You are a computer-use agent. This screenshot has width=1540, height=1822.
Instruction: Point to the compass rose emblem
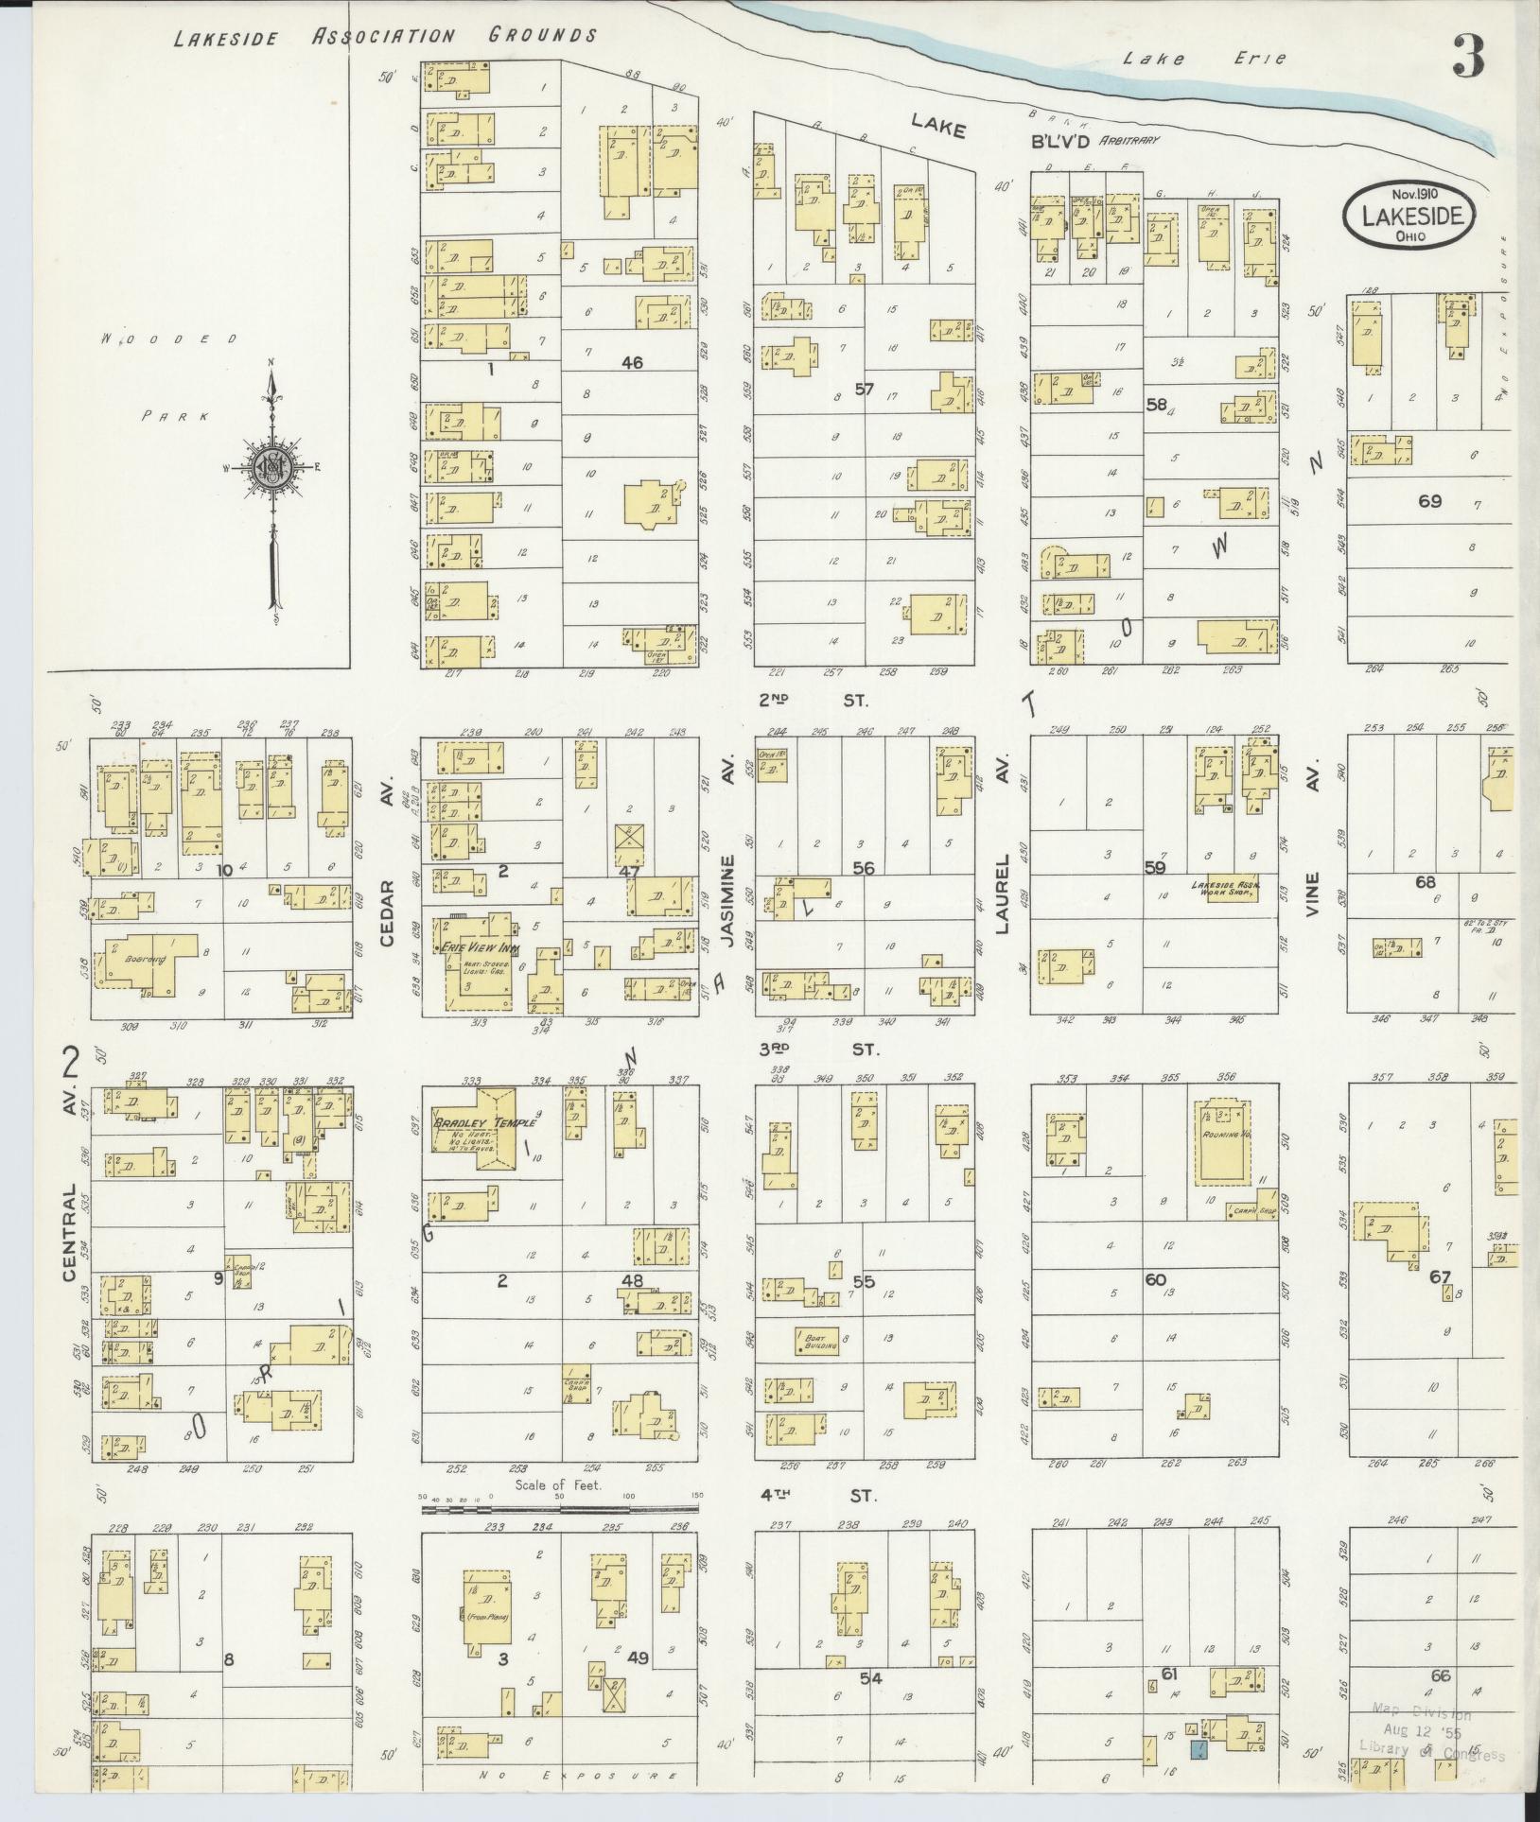[272, 466]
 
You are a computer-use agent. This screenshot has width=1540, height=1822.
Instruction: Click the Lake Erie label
[1204, 59]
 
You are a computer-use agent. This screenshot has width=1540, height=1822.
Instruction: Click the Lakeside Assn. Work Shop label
[1222, 889]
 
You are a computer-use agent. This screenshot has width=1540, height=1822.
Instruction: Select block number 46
[632, 361]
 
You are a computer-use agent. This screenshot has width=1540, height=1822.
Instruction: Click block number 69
[1428, 500]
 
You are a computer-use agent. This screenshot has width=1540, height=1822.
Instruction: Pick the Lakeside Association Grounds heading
[385, 37]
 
